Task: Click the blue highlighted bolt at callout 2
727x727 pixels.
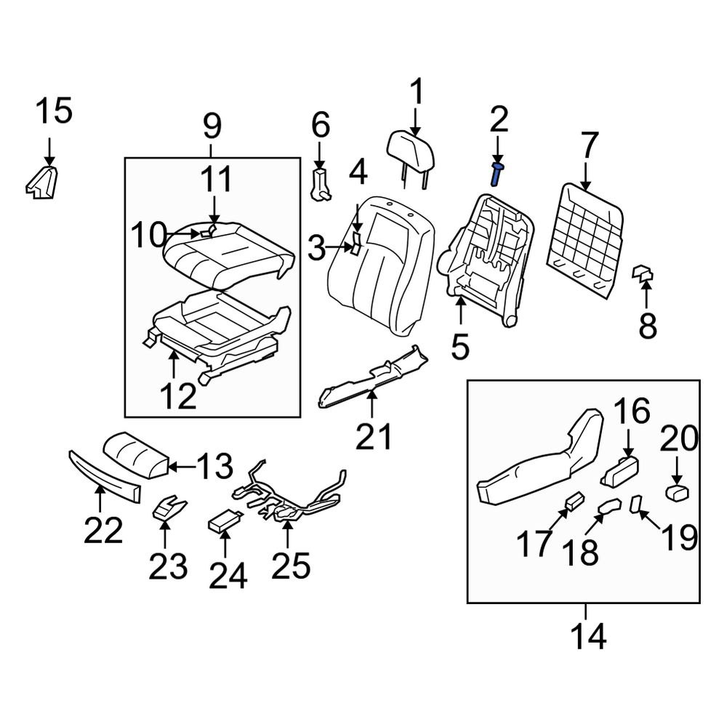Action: (x=497, y=175)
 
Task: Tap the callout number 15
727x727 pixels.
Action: (x=55, y=112)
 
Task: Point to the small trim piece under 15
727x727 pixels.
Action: (x=42, y=182)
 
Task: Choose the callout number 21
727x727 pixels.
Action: (x=374, y=437)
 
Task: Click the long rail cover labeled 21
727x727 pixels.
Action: (x=374, y=372)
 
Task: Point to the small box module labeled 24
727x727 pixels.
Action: (x=224, y=521)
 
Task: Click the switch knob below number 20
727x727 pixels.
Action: (x=678, y=493)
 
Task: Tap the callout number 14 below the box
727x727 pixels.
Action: (x=587, y=637)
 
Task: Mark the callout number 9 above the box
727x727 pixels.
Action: (x=211, y=126)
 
